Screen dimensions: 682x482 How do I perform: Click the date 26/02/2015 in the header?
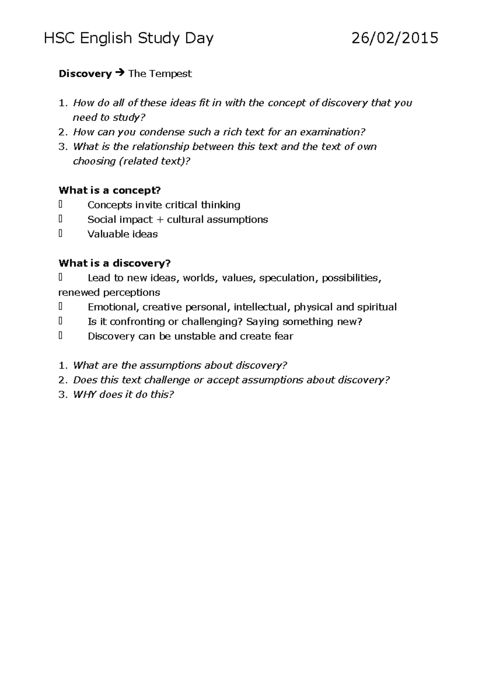tap(395, 39)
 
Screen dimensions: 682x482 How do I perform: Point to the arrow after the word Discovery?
tap(120, 74)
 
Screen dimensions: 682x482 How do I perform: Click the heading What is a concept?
tap(110, 190)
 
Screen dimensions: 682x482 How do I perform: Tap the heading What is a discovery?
tap(114, 263)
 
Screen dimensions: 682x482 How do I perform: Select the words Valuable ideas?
tap(123, 234)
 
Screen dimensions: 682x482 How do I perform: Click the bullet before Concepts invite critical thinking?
tap(60, 204)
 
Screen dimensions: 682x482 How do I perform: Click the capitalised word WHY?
tap(85, 394)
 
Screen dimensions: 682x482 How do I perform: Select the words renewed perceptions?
tap(109, 292)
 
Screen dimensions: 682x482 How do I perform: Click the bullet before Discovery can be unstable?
tap(60, 336)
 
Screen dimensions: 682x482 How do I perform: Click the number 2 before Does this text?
tap(61, 380)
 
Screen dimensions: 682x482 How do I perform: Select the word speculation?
tap(288, 278)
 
